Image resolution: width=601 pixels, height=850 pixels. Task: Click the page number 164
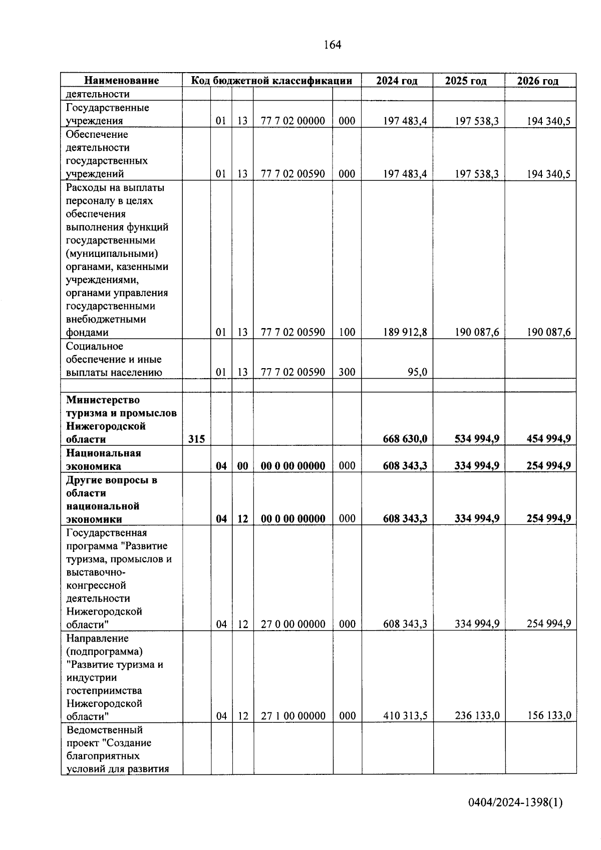(332, 45)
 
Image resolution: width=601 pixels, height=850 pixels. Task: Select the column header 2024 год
(397, 81)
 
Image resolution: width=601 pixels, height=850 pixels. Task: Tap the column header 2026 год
(537, 81)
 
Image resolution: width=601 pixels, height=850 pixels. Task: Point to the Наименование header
(121, 81)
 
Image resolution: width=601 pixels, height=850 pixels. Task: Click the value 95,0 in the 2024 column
(417, 372)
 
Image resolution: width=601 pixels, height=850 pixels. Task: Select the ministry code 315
(196, 439)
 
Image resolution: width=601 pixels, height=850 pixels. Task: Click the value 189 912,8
(405, 332)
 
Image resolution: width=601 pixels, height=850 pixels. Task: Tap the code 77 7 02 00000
(293, 121)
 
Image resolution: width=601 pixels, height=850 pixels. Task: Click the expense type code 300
(347, 372)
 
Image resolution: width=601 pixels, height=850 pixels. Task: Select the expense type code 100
(347, 332)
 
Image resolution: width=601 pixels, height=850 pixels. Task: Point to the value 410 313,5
(405, 716)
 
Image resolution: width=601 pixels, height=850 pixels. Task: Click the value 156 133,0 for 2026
(548, 716)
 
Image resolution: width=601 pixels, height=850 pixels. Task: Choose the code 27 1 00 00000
(293, 716)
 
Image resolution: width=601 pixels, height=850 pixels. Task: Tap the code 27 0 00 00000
(293, 624)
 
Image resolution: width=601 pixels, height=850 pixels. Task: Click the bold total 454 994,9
(548, 439)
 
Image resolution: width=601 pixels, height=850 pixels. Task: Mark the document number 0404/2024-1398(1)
(515, 803)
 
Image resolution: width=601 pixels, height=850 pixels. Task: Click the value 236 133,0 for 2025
(476, 716)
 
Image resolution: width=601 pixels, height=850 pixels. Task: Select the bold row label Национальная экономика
(104, 459)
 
